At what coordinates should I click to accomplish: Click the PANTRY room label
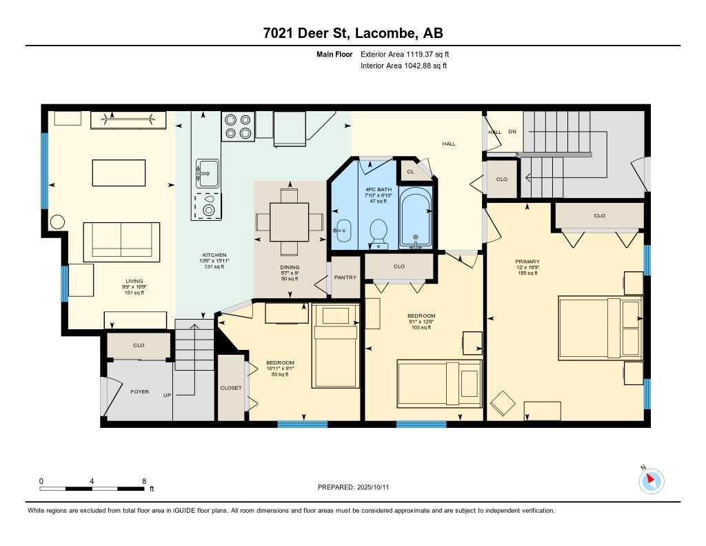click(345, 277)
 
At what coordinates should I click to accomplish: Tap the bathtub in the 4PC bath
click(415, 217)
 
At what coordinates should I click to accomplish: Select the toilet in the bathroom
click(378, 231)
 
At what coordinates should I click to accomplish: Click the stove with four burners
click(238, 126)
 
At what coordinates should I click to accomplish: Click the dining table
click(290, 222)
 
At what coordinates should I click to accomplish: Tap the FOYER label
click(140, 391)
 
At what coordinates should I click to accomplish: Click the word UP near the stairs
click(167, 395)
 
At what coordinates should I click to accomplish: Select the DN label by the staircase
click(512, 132)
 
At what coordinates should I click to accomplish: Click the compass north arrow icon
click(652, 480)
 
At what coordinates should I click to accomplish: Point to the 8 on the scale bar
click(143, 481)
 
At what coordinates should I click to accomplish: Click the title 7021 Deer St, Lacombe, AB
click(352, 34)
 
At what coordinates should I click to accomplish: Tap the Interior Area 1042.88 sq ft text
click(403, 66)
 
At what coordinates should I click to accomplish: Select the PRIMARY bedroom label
click(527, 262)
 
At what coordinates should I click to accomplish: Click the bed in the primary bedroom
click(600, 328)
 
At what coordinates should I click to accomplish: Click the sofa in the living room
click(122, 240)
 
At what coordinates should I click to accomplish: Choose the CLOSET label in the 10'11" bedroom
click(231, 388)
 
